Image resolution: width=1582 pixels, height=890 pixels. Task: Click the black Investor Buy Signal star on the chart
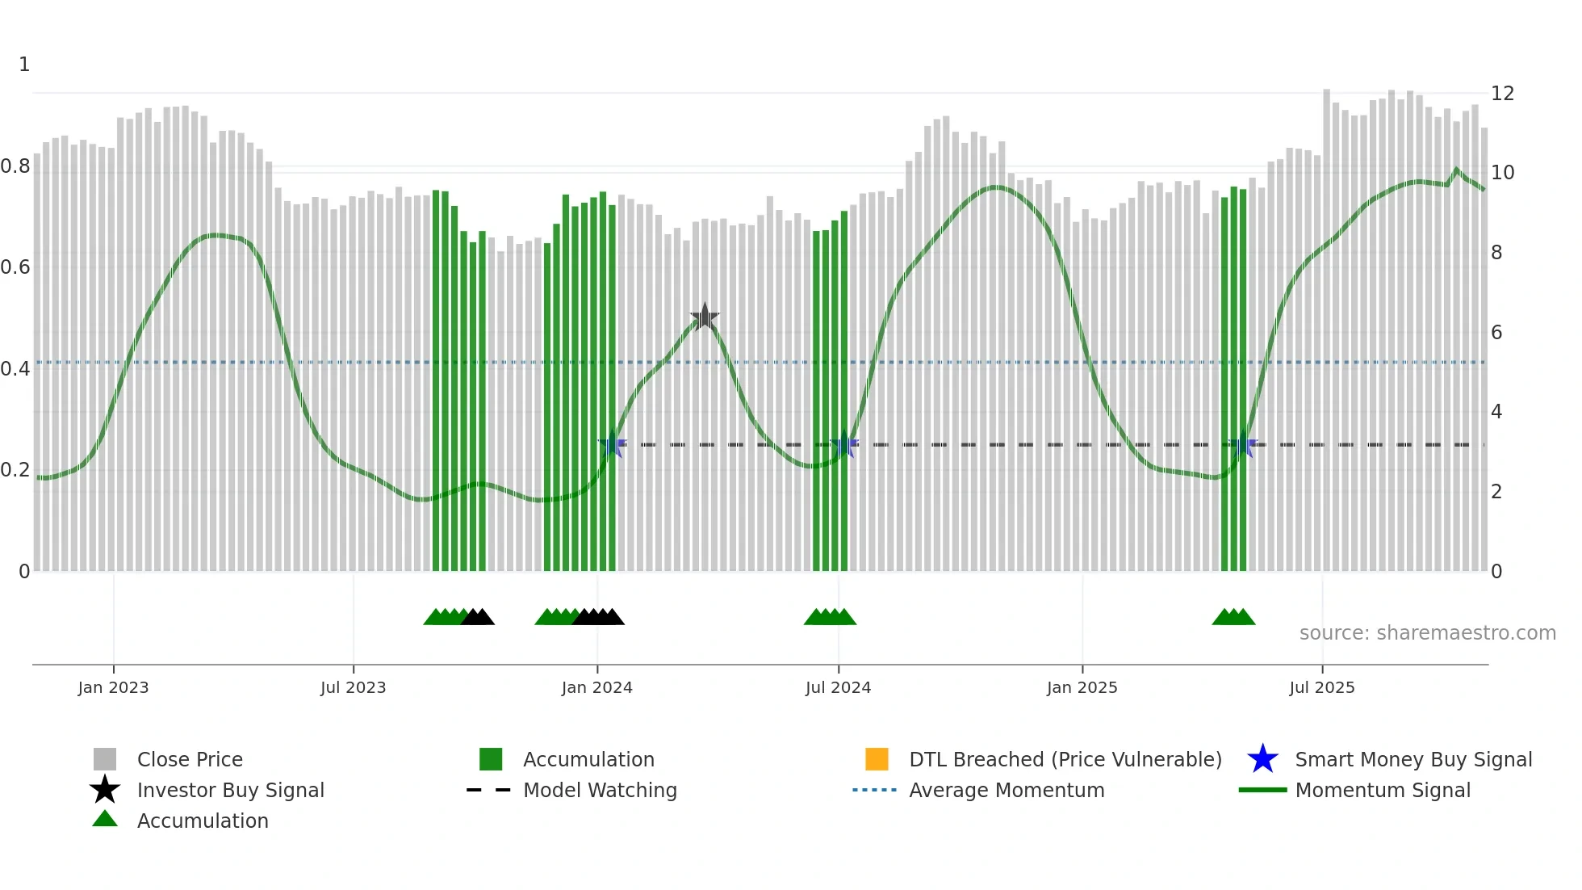705,317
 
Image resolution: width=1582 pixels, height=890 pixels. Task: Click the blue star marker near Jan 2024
612,444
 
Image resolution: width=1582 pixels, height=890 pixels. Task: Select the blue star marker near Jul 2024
844,444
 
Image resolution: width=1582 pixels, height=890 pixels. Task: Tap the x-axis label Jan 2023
113,687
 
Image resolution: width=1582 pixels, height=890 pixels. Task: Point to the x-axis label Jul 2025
1321,687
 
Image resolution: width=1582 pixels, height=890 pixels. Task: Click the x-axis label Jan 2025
1082,687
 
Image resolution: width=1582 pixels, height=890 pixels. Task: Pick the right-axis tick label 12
1502,94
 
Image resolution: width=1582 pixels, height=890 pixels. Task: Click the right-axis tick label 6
1496,333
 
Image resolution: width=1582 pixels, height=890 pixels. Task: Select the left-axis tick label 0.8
16,166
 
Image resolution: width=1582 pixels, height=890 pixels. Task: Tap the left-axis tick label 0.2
16,470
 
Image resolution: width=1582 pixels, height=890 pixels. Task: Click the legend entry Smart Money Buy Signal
1412,759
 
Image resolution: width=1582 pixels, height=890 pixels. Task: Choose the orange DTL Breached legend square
877,759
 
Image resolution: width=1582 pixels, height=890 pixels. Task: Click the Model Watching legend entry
599,790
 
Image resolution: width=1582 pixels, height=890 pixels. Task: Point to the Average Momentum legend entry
1006,790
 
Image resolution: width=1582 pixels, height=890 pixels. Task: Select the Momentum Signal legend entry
1382,790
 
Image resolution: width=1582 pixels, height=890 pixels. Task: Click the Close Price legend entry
189,759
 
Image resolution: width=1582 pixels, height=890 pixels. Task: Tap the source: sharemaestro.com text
1427,633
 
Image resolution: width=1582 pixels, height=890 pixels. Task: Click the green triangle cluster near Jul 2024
830,617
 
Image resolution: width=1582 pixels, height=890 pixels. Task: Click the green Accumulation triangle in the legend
105,819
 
